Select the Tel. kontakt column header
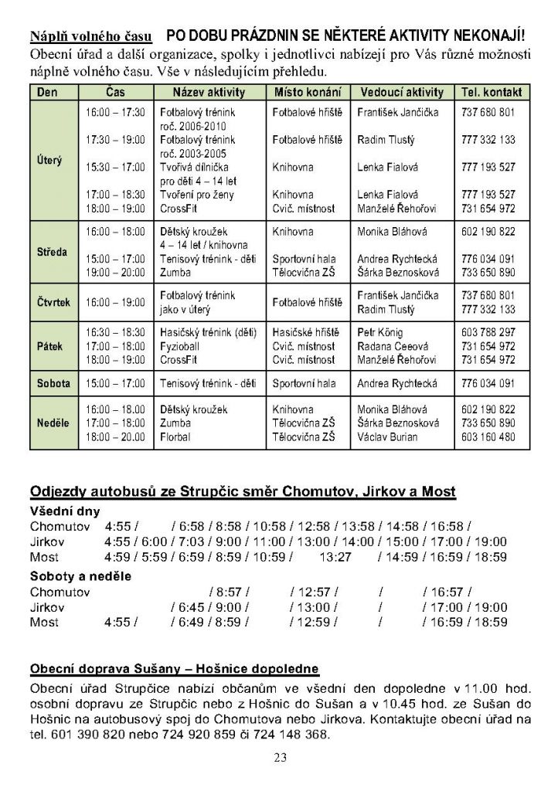(492, 93)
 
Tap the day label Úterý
(50, 161)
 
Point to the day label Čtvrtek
(54, 302)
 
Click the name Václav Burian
(387, 437)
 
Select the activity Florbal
(175, 437)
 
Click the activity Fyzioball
(179, 346)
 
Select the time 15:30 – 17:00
(115, 167)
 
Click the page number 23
(280, 757)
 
